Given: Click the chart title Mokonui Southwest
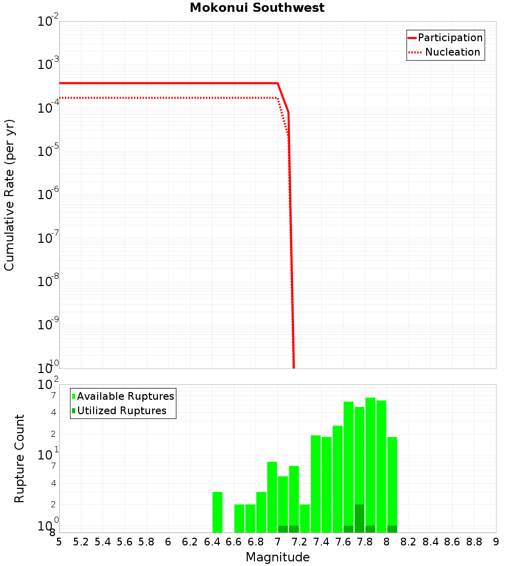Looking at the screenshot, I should pyautogui.click(x=257, y=8).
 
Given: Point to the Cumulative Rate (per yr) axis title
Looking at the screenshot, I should pyautogui.click(x=9, y=195).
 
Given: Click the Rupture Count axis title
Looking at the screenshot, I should pyautogui.click(x=20, y=458).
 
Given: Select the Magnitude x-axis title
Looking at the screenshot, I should pyautogui.click(x=278, y=557).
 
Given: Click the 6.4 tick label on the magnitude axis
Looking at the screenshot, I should pyautogui.click(x=212, y=542).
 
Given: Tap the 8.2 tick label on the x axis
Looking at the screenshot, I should pyautogui.click(x=409, y=542).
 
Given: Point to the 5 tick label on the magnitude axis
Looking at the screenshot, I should pyautogui.click(x=59, y=542).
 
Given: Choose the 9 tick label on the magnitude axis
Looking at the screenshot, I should pyautogui.click(x=496, y=542).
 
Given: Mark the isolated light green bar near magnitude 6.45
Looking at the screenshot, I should pyautogui.click(x=217, y=512).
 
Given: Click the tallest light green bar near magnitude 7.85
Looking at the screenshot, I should pyautogui.click(x=370, y=463).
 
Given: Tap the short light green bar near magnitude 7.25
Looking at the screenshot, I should pyautogui.click(x=305, y=518).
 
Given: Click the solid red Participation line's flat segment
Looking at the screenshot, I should pyautogui.click(x=170, y=83).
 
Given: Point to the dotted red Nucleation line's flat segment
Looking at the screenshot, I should pyautogui.click(x=170, y=98).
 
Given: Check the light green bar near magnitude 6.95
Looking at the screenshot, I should pyautogui.click(x=272, y=497).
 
